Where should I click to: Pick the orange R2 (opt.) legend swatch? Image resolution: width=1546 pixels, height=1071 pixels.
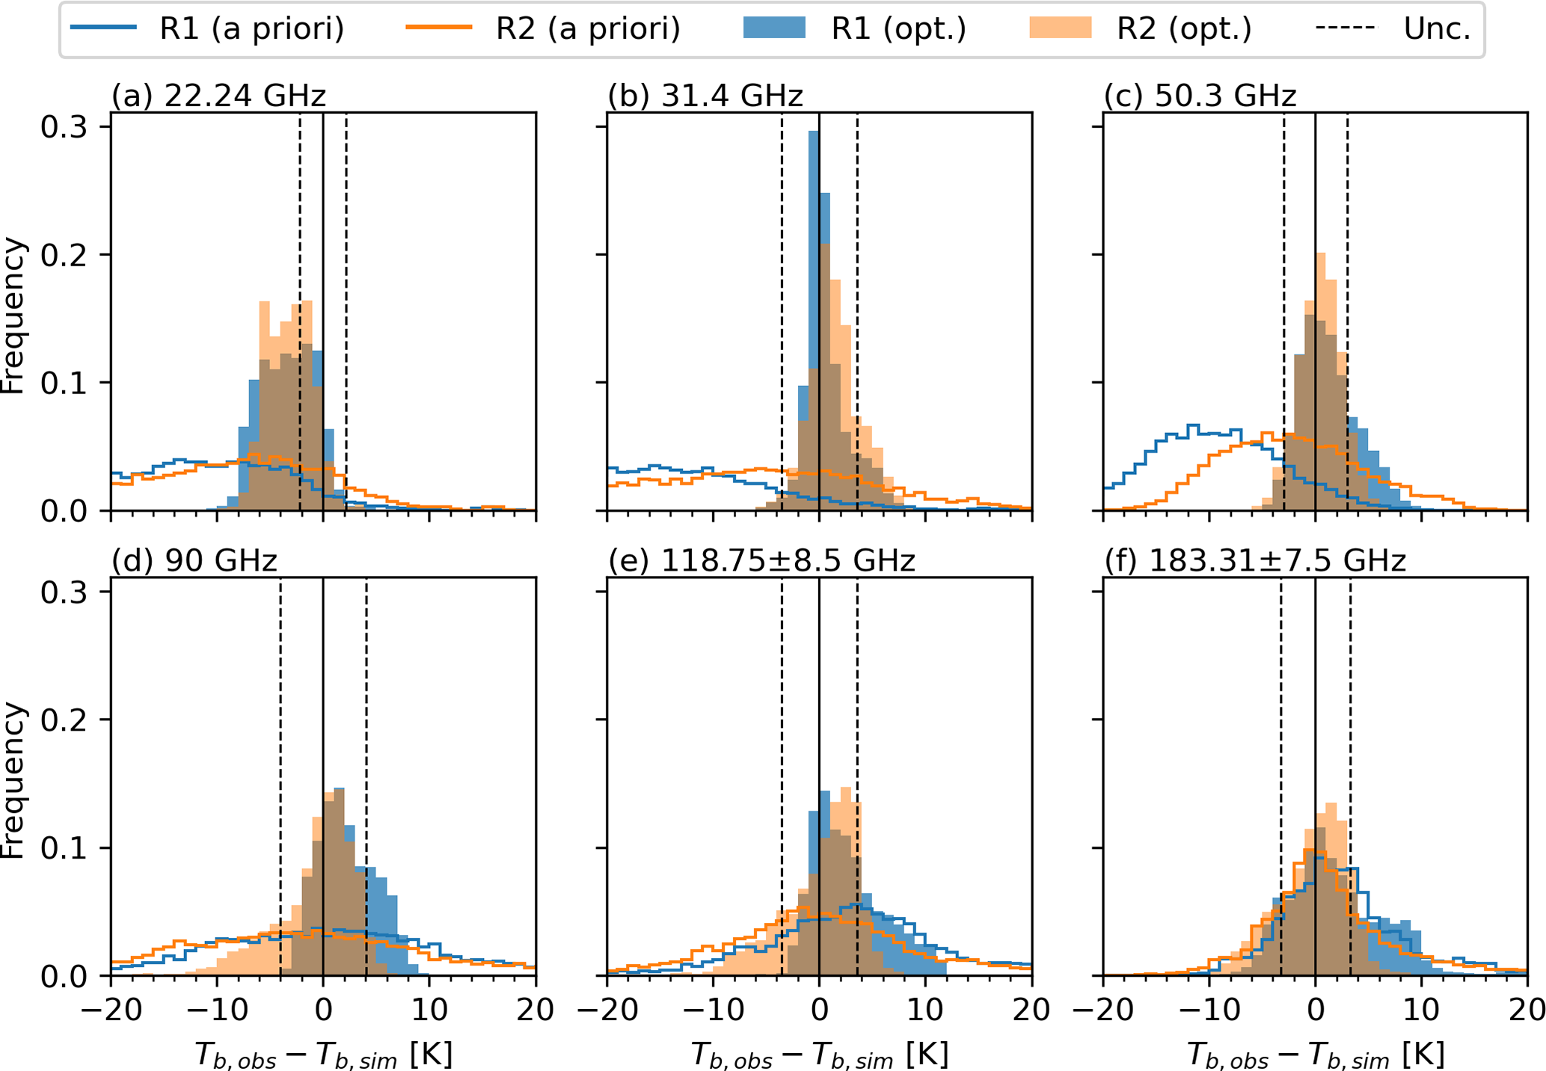point(1060,28)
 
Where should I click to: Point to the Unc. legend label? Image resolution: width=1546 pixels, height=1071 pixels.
point(1437,29)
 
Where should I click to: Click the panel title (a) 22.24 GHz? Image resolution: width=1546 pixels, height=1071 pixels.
point(218,96)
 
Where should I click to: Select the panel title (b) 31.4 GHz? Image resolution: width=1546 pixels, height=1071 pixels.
point(705,96)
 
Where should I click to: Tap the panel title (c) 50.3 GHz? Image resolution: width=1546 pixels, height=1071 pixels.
point(1200,96)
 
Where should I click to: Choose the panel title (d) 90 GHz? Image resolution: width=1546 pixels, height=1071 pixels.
point(194,561)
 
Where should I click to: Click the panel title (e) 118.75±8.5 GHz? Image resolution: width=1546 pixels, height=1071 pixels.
point(761,561)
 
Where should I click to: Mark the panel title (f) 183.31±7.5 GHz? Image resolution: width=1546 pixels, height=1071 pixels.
point(1255,561)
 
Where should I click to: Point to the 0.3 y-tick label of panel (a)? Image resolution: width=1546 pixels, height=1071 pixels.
point(64,127)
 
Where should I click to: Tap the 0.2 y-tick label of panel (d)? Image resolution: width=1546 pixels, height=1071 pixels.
point(64,719)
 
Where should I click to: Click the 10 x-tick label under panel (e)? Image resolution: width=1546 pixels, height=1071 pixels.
point(925,1010)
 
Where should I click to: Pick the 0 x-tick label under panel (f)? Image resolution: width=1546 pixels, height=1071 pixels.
point(1315,1010)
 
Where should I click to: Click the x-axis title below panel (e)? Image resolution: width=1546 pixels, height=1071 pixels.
point(819,1055)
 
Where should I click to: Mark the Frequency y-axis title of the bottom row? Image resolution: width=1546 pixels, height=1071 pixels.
point(13,781)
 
